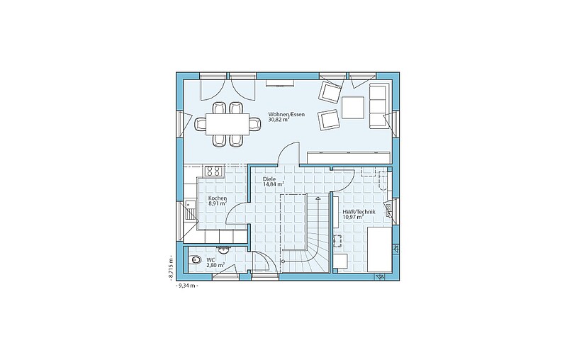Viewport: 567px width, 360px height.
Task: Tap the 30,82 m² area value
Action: (x=278, y=120)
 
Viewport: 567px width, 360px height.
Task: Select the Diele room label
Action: (x=269, y=179)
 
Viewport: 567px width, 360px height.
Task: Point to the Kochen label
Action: (x=218, y=198)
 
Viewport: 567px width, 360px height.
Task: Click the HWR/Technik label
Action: (x=359, y=212)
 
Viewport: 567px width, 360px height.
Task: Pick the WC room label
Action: (x=210, y=260)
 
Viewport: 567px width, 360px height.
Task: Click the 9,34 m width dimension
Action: (x=187, y=286)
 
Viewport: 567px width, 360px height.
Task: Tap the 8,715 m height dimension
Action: (x=170, y=267)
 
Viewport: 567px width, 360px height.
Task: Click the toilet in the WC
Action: (x=196, y=260)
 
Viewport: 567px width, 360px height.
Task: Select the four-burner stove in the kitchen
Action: (x=214, y=171)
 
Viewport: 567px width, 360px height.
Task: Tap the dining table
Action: (x=228, y=124)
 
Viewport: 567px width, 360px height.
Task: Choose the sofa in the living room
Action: (x=378, y=106)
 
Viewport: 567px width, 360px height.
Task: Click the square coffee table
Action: (x=353, y=108)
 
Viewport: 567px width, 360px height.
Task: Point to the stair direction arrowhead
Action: (x=318, y=198)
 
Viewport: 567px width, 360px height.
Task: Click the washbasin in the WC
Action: (x=222, y=249)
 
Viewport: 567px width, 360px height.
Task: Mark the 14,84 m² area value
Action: (x=274, y=184)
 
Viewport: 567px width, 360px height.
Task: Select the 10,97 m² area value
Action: (x=352, y=218)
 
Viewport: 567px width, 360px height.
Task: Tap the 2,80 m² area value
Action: (x=215, y=265)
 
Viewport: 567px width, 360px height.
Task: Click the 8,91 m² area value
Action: (x=218, y=203)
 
